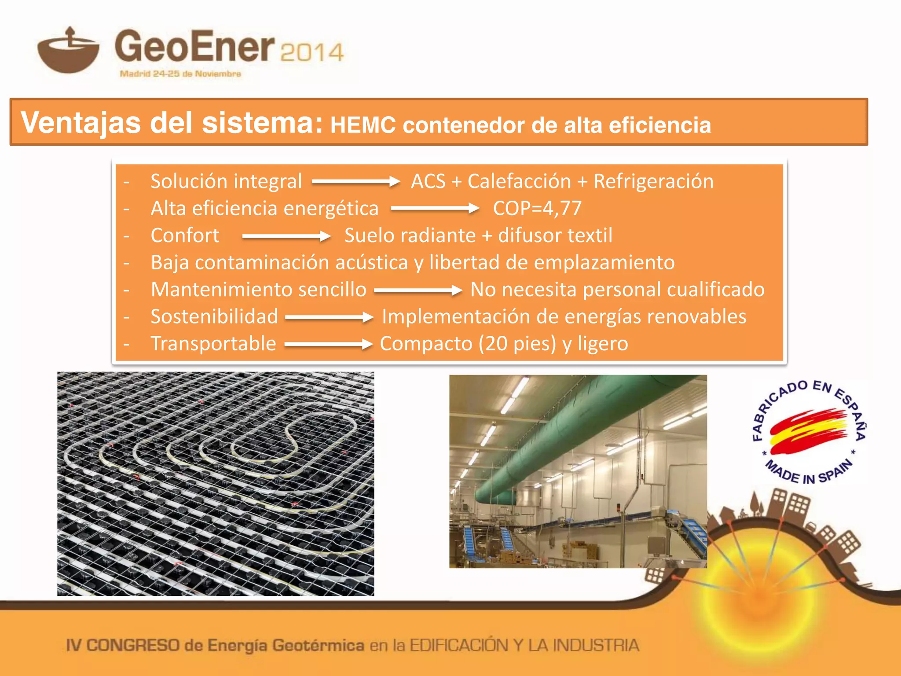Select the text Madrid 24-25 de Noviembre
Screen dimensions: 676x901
pyautogui.click(x=180, y=74)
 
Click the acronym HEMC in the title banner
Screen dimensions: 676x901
pyautogui.click(x=363, y=125)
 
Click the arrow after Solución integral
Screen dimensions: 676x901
pyautogui.click(x=355, y=181)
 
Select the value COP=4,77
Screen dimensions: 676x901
pyautogui.click(x=537, y=209)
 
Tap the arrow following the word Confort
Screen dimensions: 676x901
pyautogui.click(x=286, y=236)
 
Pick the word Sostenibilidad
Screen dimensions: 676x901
pyautogui.click(x=214, y=316)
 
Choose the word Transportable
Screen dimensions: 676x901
pyautogui.click(x=213, y=344)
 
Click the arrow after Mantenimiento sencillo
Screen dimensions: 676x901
pyautogui.click(x=418, y=290)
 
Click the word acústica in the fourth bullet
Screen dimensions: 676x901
pyautogui.click(x=372, y=263)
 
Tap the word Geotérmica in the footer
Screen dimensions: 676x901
pyautogui.click(x=318, y=646)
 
